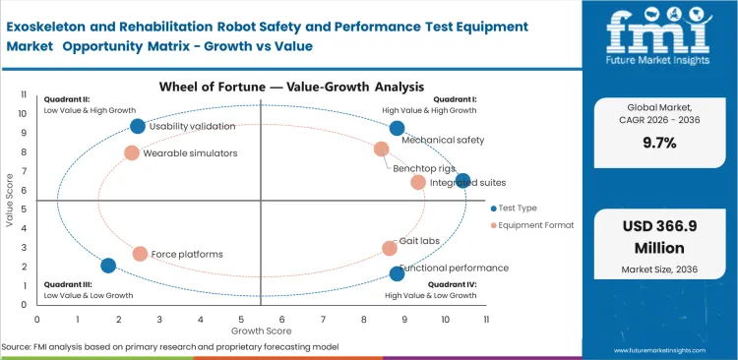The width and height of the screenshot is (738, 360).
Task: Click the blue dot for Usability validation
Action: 138,126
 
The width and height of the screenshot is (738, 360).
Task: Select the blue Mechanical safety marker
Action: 397,128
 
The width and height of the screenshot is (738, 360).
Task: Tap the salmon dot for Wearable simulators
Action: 132,152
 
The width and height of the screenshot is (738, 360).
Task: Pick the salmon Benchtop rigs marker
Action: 382,149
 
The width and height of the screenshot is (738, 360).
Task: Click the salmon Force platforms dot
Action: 140,254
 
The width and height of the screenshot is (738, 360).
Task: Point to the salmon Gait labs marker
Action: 390,248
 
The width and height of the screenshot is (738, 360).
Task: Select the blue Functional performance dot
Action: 397,273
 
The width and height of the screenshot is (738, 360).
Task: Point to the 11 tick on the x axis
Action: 486,320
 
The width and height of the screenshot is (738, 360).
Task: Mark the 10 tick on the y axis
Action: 25,113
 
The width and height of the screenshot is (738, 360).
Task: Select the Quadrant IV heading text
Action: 453,283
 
